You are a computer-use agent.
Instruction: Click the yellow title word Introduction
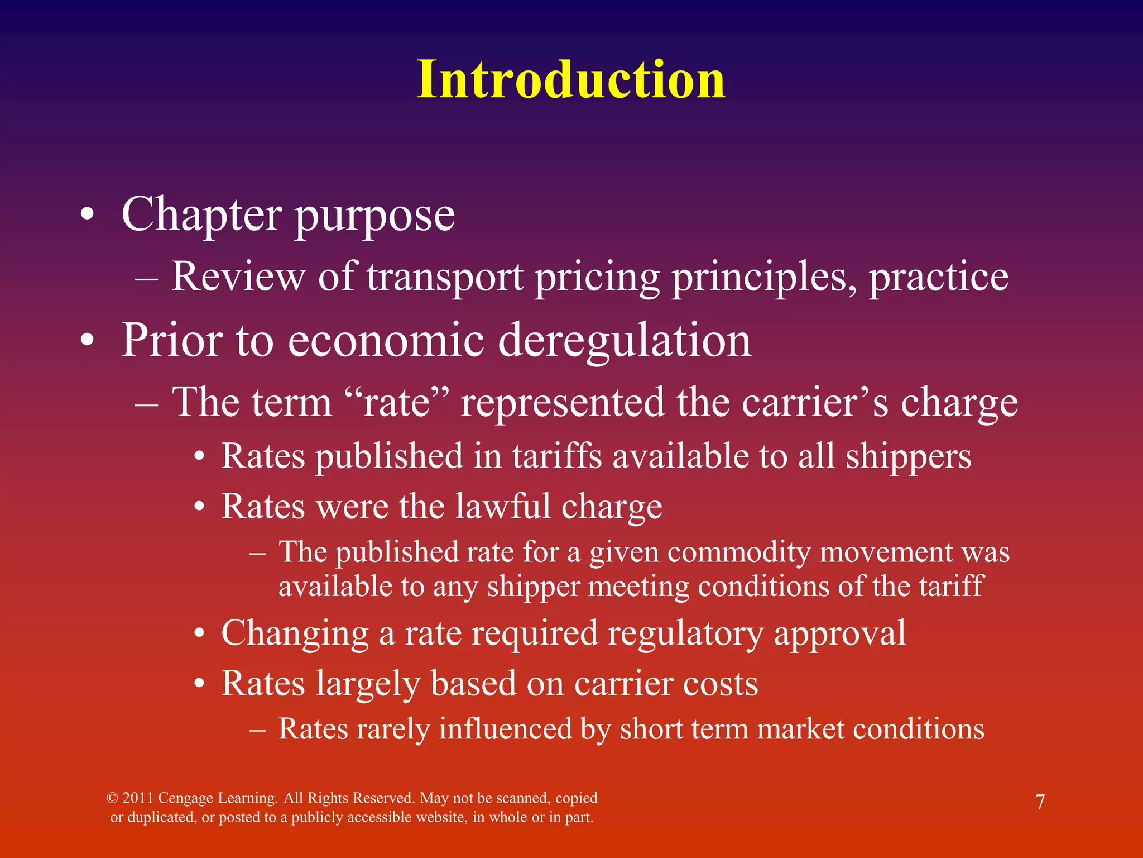570,80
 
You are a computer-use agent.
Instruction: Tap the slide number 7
1040,802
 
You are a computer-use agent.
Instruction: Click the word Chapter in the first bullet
201,215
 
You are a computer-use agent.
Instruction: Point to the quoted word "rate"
397,402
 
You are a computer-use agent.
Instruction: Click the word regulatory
685,633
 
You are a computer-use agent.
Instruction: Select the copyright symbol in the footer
112,798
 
